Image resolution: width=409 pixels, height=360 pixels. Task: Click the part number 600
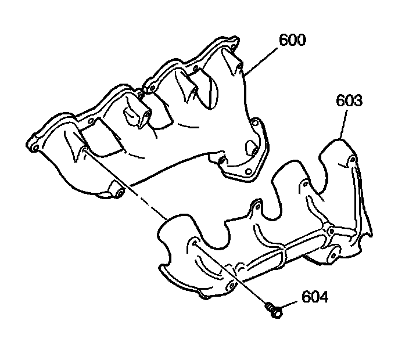(292, 40)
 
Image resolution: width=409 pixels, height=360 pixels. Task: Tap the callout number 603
(349, 100)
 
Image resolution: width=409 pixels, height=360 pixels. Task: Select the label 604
(314, 297)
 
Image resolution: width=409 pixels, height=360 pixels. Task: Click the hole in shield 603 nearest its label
(350, 160)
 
